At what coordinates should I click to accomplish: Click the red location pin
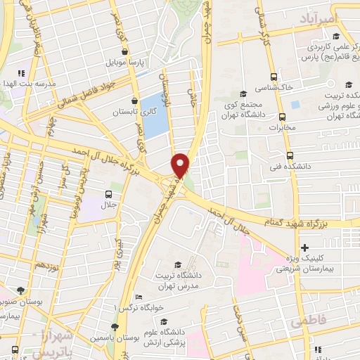pos(181,165)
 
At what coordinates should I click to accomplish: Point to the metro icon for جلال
pos(109,195)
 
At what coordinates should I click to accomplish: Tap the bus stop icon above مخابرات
pos(282,117)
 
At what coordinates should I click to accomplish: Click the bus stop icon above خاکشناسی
pos(273,77)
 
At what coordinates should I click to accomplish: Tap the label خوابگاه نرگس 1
pos(139,308)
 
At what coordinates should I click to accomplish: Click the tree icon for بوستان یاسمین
pos(115,327)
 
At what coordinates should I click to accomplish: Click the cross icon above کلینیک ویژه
pos(304,247)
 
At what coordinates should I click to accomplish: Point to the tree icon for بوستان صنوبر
pos(21,290)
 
